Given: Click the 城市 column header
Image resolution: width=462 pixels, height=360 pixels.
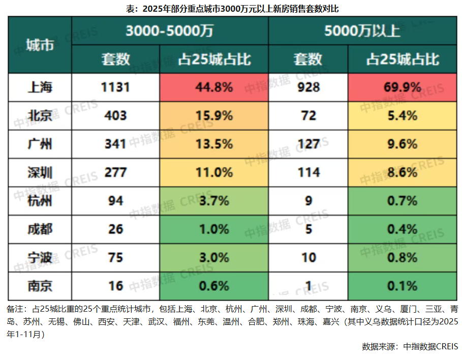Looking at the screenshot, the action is tap(40, 45).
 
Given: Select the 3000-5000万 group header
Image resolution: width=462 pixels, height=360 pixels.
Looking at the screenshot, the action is tap(170, 31).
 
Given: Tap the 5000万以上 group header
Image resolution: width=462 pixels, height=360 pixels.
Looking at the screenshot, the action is tap(362, 31).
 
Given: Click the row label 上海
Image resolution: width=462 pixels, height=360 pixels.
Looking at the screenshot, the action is tap(40, 87).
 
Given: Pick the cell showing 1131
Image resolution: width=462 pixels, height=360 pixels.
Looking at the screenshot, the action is tap(115, 87).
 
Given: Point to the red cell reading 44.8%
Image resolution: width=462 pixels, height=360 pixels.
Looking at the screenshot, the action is tap(214, 87).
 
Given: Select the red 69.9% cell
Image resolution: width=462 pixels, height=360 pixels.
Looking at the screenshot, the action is tap(402, 87).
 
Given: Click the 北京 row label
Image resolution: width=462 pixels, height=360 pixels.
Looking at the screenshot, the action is tap(40, 115).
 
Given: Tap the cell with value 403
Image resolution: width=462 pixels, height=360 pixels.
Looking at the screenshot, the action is tap(115, 115).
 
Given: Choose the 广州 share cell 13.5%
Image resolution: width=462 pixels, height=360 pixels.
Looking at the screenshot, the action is tap(214, 144).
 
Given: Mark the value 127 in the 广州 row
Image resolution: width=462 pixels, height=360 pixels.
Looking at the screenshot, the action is tap(308, 144).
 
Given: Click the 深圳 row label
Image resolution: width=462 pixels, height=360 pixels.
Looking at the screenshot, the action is tap(40, 172).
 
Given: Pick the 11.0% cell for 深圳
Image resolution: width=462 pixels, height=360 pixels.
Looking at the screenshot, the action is tap(214, 172).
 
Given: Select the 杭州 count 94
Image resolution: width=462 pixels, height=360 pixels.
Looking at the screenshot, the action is tap(115, 201).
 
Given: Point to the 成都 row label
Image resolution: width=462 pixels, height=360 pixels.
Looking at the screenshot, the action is tap(40, 229).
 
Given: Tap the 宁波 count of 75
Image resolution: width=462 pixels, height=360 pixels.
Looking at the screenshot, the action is tap(115, 257).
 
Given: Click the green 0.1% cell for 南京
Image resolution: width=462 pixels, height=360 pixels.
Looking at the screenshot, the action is tap(402, 286).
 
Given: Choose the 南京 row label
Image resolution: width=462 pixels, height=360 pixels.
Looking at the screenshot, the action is tap(40, 286).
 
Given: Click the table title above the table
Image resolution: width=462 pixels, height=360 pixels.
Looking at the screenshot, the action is tap(232, 9).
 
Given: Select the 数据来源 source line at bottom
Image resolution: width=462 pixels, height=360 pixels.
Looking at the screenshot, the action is tap(410, 346).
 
